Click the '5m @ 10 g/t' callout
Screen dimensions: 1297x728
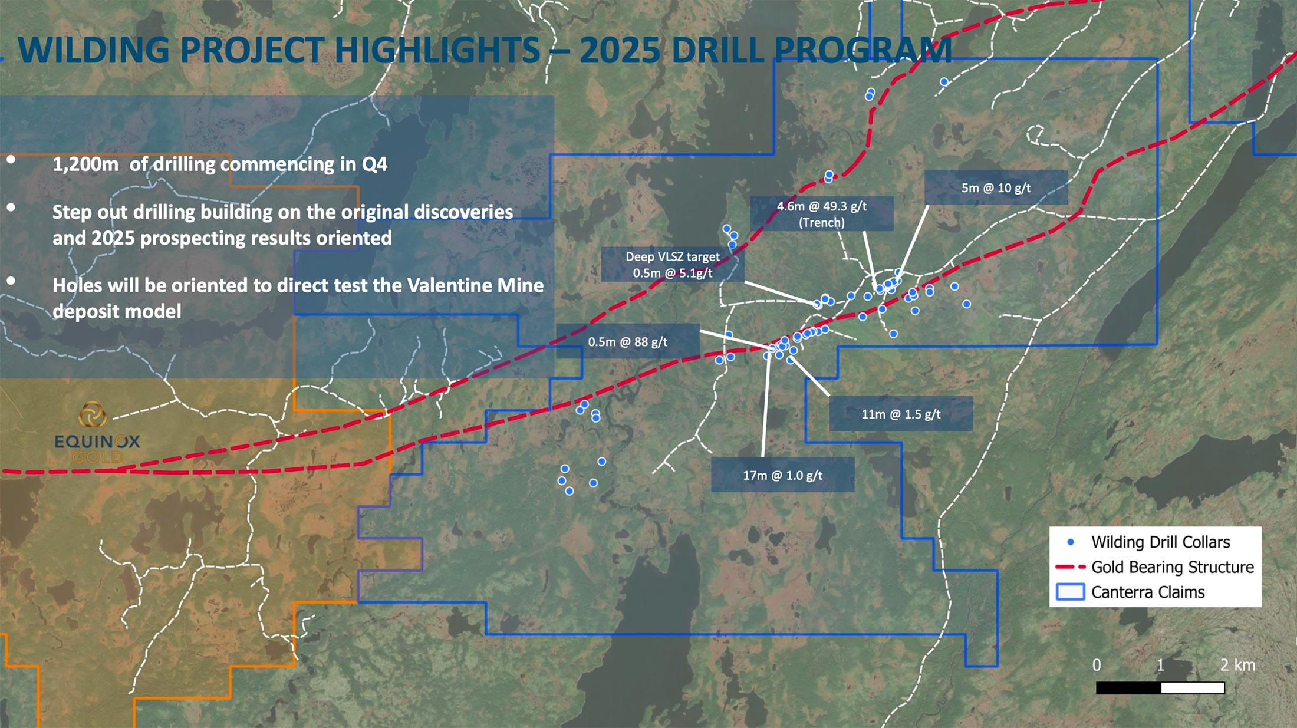click(996, 187)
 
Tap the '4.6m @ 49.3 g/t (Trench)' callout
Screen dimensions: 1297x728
click(822, 213)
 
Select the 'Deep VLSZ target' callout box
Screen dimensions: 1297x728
click(673, 265)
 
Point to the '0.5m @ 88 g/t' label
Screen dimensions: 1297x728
click(628, 341)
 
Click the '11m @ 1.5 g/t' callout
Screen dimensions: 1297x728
click(901, 414)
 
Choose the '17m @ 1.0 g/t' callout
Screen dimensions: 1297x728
click(782, 475)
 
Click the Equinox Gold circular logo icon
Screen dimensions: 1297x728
click(93, 414)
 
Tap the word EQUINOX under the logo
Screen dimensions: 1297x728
click(97, 441)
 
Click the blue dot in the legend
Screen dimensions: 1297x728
click(1071, 542)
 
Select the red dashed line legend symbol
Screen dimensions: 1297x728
click(1070, 567)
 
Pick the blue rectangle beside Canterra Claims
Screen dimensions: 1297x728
click(1070, 592)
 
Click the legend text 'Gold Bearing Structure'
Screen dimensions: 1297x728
click(1173, 567)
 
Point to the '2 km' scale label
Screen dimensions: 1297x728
click(1237, 665)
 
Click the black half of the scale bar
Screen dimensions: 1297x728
click(1128, 688)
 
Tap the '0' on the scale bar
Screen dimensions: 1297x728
click(1097, 665)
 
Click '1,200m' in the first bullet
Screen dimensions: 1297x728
click(85, 164)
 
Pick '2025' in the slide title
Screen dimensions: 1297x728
click(620, 50)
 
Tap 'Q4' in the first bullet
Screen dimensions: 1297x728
click(374, 164)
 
